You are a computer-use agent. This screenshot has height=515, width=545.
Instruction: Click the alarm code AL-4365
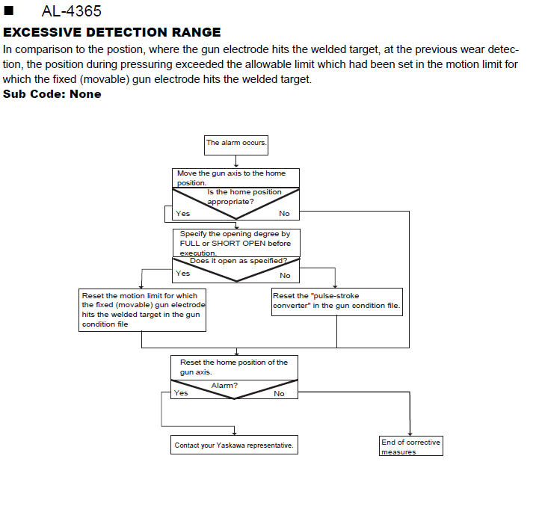(71, 11)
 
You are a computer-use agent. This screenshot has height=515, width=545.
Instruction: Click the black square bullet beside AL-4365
(8, 10)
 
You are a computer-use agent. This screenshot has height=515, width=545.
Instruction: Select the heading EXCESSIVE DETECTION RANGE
(112, 32)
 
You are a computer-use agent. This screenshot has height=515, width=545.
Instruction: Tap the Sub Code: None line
(52, 94)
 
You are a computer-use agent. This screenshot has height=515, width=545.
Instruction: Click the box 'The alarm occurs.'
(236, 145)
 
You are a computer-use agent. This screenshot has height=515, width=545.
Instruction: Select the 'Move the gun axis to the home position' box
(235, 178)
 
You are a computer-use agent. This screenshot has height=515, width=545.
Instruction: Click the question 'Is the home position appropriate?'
(244, 197)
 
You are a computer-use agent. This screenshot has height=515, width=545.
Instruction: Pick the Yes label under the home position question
(183, 213)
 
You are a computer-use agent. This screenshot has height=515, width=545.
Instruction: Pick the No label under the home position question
(284, 213)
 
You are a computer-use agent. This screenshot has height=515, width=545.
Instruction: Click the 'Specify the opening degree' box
(236, 243)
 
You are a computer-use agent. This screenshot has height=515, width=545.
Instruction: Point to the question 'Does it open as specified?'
(238, 261)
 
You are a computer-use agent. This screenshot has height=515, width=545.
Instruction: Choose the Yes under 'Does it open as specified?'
(183, 273)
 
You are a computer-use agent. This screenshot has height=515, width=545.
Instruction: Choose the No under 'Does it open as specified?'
(285, 276)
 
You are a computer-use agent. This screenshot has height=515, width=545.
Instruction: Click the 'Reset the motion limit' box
(142, 310)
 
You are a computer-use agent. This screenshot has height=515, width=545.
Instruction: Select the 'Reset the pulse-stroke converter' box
(337, 302)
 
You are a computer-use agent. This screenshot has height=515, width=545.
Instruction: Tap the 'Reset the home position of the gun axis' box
(234, 367)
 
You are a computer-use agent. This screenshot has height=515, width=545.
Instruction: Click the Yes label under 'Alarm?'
(181, 393)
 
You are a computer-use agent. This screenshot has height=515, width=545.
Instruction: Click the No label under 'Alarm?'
(279, 394)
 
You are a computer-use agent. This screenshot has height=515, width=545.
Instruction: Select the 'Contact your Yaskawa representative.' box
(234, 445)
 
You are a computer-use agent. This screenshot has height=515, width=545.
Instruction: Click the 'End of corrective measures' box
(411, 445)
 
